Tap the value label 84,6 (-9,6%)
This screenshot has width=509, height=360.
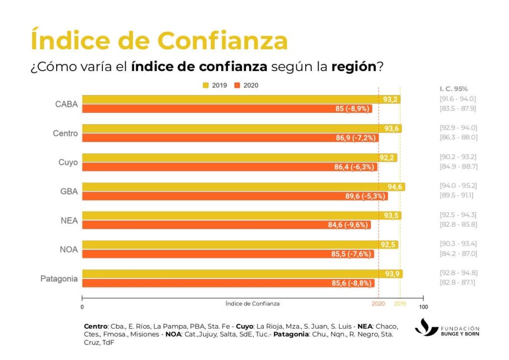[347, 225]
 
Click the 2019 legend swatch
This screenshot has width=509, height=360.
[206, 86]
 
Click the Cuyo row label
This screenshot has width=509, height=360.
[68, 163]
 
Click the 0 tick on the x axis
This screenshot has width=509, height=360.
[82, 306]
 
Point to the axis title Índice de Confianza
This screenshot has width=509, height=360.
[252, 303]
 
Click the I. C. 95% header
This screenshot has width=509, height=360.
[453, 89]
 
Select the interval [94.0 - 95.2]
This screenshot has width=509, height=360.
[458, 185]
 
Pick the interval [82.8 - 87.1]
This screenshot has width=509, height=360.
[458, 282]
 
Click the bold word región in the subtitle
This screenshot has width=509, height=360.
[354, 67]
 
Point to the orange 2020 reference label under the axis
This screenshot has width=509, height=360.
[378, 303]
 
